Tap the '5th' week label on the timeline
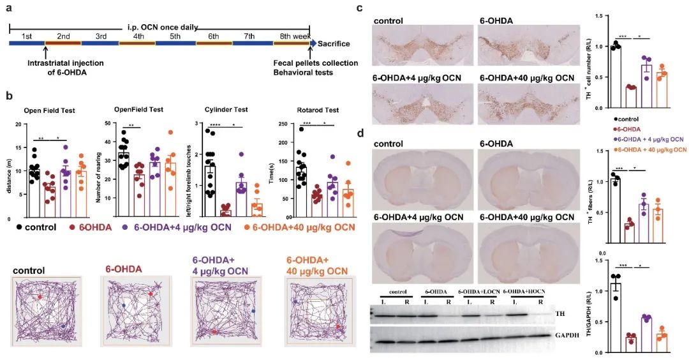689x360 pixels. pyautogui.click(x=175, y=36)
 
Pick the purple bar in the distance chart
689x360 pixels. pyautogui.click(x=65, y=184)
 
